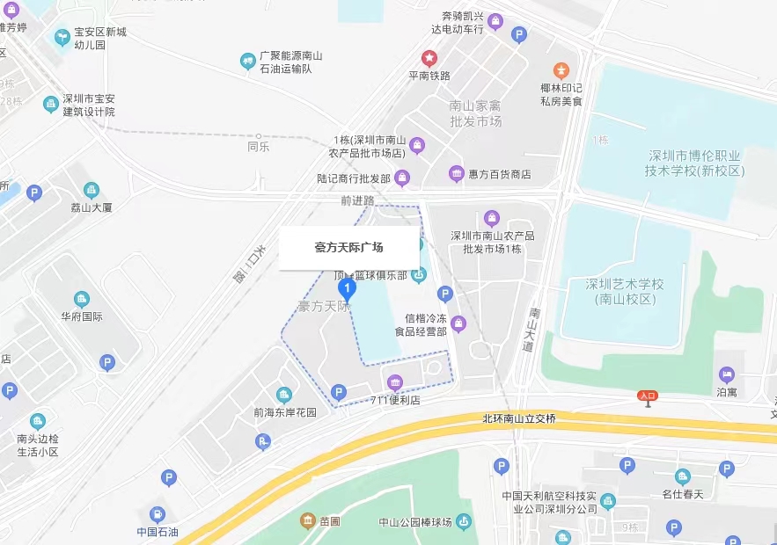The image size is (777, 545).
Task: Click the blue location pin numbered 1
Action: [x=348, y=288]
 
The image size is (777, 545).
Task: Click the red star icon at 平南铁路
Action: [x=429, y=59]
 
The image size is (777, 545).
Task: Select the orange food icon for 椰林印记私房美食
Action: [x=561, y=70]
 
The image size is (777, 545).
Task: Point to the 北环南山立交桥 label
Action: [x=519, y=418]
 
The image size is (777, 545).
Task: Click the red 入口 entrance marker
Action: [x=648, y=396]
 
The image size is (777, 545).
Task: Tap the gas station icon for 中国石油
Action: [x=157, y=514]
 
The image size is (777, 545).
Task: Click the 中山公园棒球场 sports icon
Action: [x=464, y=522]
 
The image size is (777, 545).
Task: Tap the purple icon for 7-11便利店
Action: [x=395, y=382]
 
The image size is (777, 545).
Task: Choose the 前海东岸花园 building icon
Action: [x=283, y=395]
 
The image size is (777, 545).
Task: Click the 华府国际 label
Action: [x=82, y=316]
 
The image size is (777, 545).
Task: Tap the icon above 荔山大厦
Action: [x=91, y=190]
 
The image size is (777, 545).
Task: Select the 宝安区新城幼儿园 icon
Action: [x=62, y=38]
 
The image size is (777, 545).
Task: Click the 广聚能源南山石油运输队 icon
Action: [x=248, y=61]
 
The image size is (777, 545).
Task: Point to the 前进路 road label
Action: [x=357, y=200]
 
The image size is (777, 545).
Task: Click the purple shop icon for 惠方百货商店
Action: [x=456, y=174]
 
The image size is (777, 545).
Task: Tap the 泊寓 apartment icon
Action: [x=727, y=375]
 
